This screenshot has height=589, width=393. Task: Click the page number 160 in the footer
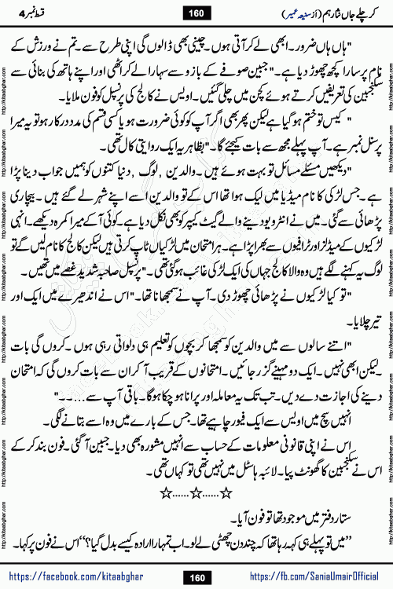pyautogui.click(x=196, y=576)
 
